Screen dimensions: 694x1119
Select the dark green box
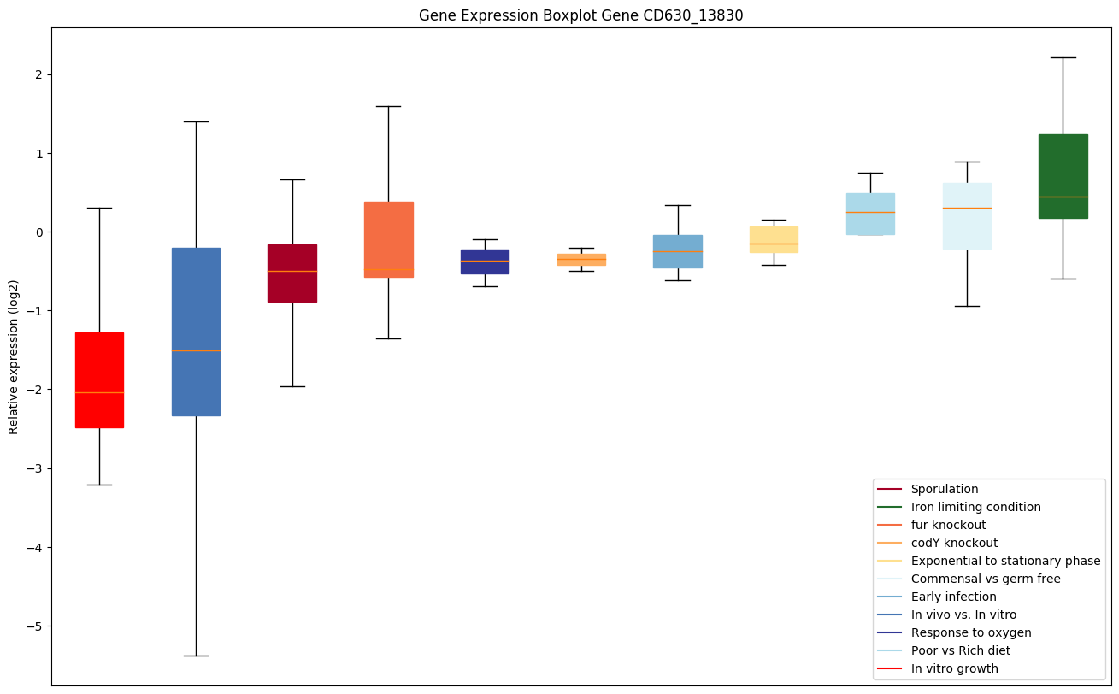click(1063, 176)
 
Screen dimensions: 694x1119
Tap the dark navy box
click(485, 262)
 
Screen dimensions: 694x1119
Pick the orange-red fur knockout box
click(388, 239)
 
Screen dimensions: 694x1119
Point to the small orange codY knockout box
click(581, 259)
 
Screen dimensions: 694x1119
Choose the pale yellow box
click(774, 239)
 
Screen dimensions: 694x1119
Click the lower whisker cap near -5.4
click(196, 656)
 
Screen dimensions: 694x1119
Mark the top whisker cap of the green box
click(1063, 57)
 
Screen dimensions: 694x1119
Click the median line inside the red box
click(99, 392)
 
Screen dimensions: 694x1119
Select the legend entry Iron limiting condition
click(975, 507)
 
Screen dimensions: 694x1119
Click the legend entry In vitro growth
click(954, 668)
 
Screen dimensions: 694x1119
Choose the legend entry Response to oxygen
click(970, 632)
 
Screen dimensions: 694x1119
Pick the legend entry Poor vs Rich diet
click(960, 650)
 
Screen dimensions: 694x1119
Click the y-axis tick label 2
click(39, 74)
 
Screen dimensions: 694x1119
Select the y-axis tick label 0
click(39, 232)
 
